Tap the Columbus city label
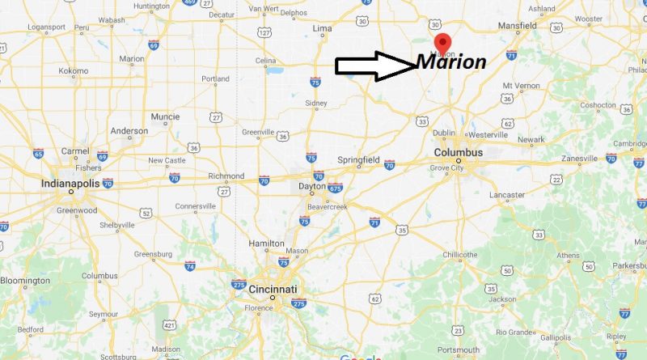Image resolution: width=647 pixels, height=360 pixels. (458, 152)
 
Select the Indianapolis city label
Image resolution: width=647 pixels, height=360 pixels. (71, 184)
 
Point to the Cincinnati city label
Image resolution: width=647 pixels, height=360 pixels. (273, 289)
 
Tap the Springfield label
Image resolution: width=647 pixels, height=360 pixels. (358, 160)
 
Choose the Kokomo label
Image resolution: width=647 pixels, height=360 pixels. (74, 71)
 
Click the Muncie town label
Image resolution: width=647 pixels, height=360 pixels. (165, 116)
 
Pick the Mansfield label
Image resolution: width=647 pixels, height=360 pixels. (518, 26)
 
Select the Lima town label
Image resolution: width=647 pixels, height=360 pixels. (323, 28)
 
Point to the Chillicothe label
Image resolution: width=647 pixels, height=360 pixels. (457, 255)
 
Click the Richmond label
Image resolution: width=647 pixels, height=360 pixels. (226, 176)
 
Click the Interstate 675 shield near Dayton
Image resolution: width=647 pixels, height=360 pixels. (335, 188)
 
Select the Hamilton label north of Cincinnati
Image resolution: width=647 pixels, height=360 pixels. (266, 243)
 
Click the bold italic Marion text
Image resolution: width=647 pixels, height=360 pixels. (451, 62)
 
